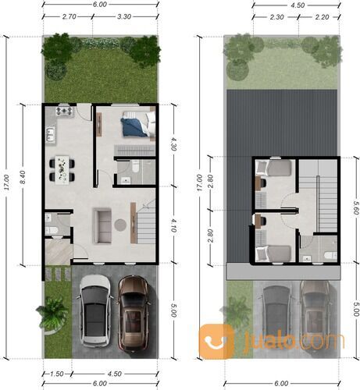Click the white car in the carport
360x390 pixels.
point(94,311)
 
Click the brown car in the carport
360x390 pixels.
point(134,311)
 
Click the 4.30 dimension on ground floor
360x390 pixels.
point(173,144)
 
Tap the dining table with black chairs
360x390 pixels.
point(60,166)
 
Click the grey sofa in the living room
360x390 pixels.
point(102,225)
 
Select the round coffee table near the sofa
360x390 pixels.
point(120,225)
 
